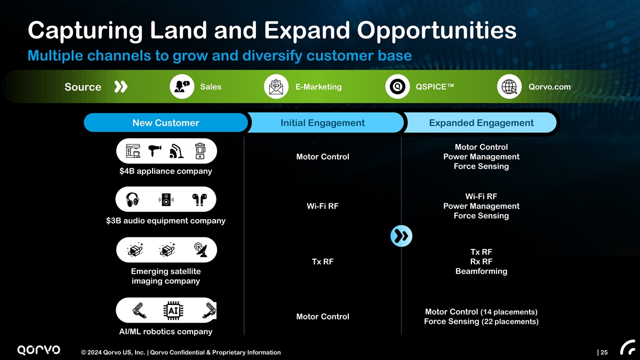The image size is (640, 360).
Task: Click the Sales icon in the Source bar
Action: click(181, 87)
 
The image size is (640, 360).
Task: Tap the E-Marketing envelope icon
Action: click(276, 87)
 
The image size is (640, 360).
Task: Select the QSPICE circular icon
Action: click(397, 87)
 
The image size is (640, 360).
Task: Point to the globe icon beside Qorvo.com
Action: click(508, 87)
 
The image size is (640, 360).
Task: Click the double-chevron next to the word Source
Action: click(121, 87)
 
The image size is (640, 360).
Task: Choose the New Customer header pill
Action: click(165, 123)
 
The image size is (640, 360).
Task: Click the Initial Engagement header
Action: click(323, 123)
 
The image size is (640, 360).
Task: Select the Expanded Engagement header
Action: click(481, 123)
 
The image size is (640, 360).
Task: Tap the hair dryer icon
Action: click(155, 152)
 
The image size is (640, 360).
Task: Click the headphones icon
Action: click(132, 200)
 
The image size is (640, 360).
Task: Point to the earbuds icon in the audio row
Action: click(199, 200)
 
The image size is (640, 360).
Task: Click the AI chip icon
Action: click(172, 310)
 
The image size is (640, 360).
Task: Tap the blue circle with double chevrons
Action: click(401, 236)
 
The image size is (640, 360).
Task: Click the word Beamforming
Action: click(481, 271)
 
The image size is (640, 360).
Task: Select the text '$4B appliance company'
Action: click(166, 171)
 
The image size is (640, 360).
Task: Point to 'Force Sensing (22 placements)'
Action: click(481, 322)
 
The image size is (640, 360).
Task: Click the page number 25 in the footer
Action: click(604, 352)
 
